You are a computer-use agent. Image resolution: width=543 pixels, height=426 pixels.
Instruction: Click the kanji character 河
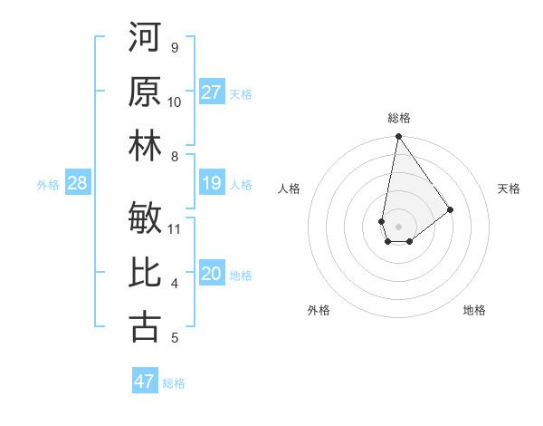point(145,37)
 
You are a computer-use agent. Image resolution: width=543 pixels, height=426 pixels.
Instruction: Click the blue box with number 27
point(212,92)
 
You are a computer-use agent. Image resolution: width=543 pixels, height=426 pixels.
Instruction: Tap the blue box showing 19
point(212,184)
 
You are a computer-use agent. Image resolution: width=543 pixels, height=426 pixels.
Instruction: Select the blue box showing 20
point(212,275)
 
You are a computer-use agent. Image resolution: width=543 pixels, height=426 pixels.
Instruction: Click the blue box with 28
point(78,184)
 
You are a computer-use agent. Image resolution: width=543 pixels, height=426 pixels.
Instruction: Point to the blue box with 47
point(145,382)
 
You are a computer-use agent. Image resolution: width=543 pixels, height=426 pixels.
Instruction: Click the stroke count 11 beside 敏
point(176,228)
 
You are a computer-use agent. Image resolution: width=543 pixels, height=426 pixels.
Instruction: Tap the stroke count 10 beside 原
point(175,102)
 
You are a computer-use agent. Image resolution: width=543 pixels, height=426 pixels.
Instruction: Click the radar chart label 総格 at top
point(398,118)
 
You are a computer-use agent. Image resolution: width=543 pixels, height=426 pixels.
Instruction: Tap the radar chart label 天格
point(510,189)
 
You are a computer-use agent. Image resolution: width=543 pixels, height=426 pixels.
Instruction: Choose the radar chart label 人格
point(290,189)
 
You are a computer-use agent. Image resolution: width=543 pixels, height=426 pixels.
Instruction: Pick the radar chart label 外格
point(319,310)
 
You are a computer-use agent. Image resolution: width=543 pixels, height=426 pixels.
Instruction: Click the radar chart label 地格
point(474,310)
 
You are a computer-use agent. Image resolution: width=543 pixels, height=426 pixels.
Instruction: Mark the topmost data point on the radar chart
point(398,138)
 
